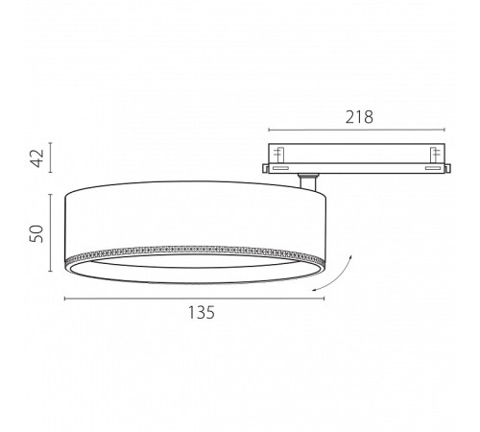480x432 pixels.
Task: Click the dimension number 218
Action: coord(359,117)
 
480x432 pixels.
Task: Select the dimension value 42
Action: coord(38,157)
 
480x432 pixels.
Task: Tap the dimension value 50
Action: coord(36,233)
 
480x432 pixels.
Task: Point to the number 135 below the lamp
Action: coord(201,312)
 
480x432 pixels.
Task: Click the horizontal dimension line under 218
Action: coord(356,130)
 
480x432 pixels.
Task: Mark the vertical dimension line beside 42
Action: coord(51,157)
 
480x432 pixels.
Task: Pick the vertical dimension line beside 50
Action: coord(51,232)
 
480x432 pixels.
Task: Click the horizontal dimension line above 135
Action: coord(195,299)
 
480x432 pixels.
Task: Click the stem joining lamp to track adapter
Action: coord(308,182)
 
